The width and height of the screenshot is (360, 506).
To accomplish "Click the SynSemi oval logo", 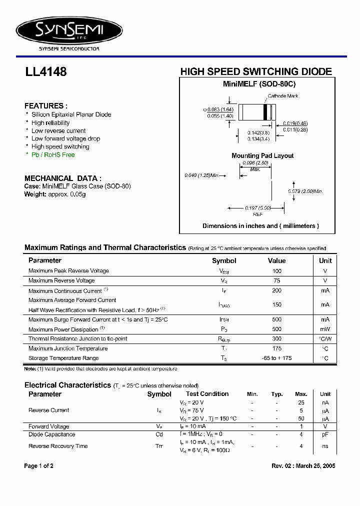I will click(x=69, y=31).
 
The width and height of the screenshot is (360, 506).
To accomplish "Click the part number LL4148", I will click(x=45, y=72).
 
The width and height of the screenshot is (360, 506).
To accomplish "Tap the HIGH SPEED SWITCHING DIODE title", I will click(x=255, y=71).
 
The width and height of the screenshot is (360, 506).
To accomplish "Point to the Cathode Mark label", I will click(x=282, y=95).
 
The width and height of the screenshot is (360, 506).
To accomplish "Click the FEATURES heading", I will click(x=45, y=106).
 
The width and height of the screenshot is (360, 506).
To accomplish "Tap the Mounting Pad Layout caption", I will click(x=262, y=155).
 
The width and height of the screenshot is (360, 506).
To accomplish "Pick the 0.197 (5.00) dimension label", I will click(x=257, y=208).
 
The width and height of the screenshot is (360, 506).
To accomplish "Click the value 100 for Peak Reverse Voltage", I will click(x=276, y=270).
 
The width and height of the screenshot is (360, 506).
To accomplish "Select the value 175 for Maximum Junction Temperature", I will click(x=276, y=348).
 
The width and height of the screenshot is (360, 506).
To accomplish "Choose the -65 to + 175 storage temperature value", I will click(x=276, y=358).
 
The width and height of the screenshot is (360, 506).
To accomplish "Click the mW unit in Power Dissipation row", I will click(x=325, y=329).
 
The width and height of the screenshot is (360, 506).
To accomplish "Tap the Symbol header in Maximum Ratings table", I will click(x=224, y=260).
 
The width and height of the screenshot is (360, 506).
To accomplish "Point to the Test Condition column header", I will click(x=207, y=394).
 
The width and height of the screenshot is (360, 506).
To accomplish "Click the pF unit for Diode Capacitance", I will click(x=325, y=435).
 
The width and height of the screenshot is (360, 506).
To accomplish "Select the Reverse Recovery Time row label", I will click(x=58, y=446).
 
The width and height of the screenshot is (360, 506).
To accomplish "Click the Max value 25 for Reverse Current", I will click(x=301, y=402).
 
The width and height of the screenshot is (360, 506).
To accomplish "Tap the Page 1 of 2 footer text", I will click(x=38, y=466).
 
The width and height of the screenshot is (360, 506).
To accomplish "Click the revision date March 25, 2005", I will click(x=317, y=466).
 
